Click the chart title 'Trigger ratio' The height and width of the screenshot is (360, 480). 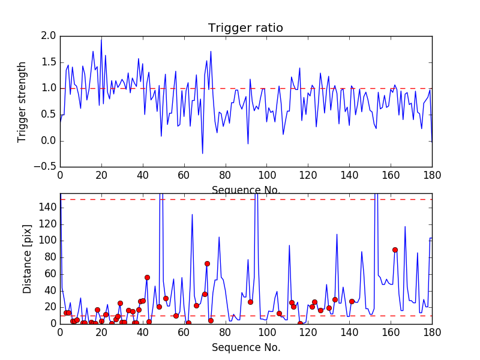(x=245, y=28)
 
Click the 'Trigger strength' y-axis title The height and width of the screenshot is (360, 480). (x=22, y=101)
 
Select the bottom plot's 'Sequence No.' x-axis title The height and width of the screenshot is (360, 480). (x=245, y=347)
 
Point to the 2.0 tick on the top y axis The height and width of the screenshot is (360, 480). (x=49, y=36)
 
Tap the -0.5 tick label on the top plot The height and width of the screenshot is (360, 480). (x=47, y=167)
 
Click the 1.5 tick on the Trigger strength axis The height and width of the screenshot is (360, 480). (x=49, y=62)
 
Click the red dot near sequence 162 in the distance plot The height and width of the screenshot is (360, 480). (x=395, y=250)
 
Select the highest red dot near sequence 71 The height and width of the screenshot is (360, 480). (x=207, y=263)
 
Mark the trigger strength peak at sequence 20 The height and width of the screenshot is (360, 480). (x=101, y=40)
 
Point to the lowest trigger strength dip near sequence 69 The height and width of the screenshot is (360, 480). (x=202, y=154)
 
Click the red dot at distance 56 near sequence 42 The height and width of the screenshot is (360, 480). (x=147, y=277)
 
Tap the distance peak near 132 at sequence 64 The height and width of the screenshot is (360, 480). (x=192, y=215)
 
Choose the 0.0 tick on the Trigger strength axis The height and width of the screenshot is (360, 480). (x=49, y=140)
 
